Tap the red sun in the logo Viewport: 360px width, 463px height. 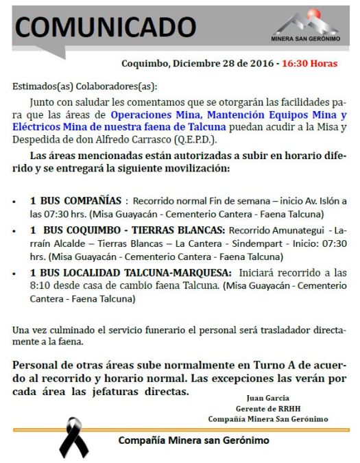(x=313, y=15)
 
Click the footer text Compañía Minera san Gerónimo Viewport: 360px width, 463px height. (x=193, y=440)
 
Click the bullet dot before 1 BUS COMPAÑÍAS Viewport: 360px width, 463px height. (x=15, y=203)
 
